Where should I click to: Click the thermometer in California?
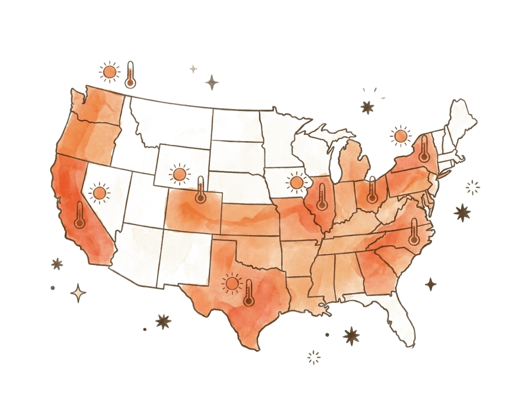(x=80, y=216)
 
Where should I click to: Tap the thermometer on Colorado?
(x=201, y=190)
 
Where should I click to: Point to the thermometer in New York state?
(x=424, y=149)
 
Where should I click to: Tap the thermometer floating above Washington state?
(x=130, y=75)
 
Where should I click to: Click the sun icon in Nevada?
(x=100, y=193)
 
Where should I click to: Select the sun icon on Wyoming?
(x=180, y=174)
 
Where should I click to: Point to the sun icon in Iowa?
(x=297, y=182)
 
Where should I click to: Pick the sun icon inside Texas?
(x=233, y=284)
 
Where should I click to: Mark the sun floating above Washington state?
(x=110, y=72)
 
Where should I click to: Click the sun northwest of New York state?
(x=400, y=136)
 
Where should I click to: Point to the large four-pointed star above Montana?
(x=211, y=83)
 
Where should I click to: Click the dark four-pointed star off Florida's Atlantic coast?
(x=430, y=284)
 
